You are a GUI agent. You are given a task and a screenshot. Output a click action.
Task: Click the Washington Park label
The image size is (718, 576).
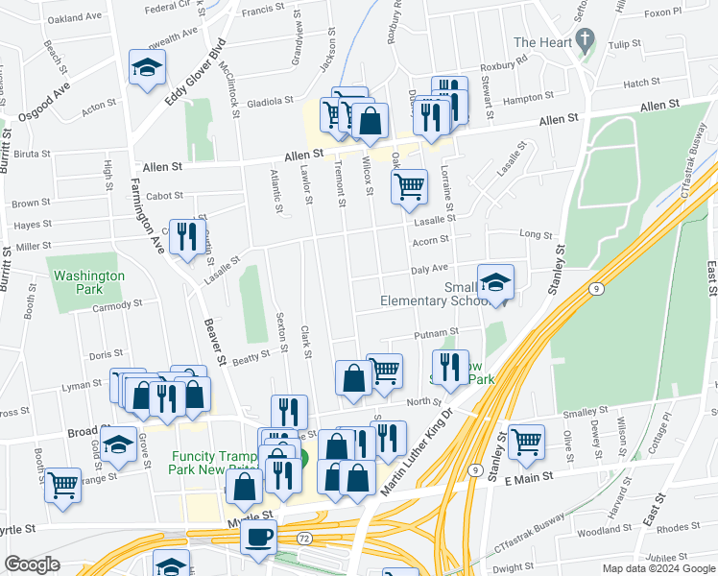point(89,282)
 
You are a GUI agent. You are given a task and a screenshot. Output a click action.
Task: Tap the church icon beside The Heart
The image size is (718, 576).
point(585,40)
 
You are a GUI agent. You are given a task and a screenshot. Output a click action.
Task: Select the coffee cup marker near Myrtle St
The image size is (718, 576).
point(257,539)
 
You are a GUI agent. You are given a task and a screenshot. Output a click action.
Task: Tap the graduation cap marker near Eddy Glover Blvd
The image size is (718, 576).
point(147,68)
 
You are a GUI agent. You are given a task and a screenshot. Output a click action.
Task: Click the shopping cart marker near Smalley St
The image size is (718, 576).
point(526,442)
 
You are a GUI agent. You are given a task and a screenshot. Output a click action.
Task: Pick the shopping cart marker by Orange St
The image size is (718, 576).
point(62,484)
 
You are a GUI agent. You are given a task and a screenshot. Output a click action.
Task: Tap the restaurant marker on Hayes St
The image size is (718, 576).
point(186,235)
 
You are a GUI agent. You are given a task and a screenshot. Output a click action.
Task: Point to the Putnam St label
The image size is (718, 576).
point(436,334)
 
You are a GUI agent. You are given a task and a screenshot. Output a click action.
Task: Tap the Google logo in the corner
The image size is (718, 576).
point(32,564)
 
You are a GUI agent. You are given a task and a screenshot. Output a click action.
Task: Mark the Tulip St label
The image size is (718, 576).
point(624,44)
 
